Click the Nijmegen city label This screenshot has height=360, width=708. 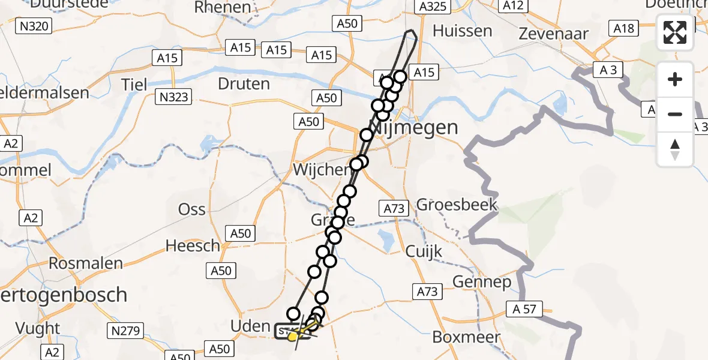[414, 128]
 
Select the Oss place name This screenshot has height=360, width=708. [192, 209]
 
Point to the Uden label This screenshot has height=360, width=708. [251, 326]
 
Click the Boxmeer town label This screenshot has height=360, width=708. [466, 337]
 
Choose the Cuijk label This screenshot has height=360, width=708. [424, 251]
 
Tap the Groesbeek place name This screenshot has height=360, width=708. [457, 205]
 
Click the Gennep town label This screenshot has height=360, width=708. [482, 281]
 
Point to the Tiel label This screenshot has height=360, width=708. [134, 84]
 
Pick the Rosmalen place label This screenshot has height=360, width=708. [86, 263]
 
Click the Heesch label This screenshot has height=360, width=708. [193, 245]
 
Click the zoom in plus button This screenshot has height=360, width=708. [675, 79]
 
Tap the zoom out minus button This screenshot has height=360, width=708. [675, 114]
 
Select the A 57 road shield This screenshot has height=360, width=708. [524, 310]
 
